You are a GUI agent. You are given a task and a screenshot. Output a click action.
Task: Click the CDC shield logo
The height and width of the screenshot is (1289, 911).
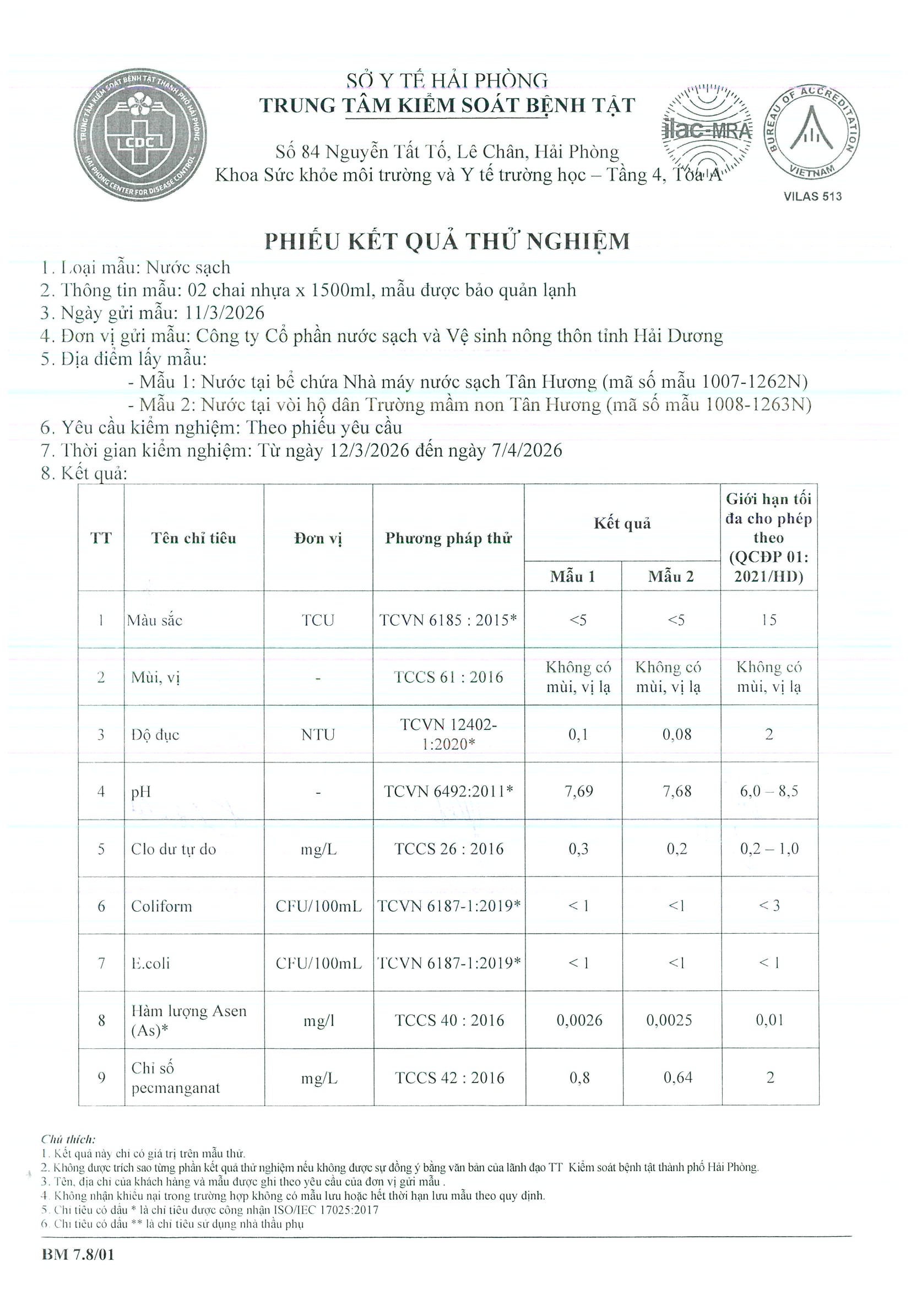point(139,137)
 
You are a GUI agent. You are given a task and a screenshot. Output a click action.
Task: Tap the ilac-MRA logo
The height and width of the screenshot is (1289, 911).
point(706,130)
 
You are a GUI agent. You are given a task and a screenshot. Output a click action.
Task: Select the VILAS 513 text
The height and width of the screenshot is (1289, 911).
point(812,197)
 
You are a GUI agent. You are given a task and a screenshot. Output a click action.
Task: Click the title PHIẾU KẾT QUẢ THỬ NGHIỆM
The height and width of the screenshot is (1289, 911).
point(447,241)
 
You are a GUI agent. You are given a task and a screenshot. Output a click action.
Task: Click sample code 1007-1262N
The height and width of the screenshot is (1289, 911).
point(754,382)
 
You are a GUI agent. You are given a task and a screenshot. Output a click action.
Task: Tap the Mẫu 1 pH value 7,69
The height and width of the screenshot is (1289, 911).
point(578,792)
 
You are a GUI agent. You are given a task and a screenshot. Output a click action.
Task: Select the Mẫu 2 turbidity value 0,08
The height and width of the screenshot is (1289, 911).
point(676,734)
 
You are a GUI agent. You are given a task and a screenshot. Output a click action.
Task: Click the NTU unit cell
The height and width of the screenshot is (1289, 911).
point(318,734)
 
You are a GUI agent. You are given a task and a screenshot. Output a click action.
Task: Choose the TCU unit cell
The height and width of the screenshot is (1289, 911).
point(318,620)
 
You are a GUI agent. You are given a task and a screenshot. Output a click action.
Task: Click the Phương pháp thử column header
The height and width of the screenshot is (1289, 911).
point(448,538)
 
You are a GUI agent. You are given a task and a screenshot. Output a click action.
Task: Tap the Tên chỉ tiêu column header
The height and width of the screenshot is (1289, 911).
point(194,538)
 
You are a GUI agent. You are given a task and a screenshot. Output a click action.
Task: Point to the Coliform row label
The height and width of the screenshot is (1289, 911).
point(162,906)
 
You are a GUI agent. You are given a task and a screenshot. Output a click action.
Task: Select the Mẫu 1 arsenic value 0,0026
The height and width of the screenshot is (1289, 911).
point(579,1020)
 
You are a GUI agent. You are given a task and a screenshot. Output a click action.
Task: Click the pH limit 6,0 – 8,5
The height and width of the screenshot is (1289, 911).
point(768,792)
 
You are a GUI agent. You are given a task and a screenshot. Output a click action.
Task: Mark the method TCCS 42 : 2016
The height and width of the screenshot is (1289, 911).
point(449,1077)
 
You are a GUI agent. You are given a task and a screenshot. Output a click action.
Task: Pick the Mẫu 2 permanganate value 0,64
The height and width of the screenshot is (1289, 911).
point(677,1077)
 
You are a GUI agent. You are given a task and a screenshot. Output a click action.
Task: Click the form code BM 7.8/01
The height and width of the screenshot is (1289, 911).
point(78,1254)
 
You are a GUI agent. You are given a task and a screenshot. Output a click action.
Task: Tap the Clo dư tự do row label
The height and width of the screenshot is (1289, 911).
point(173,849)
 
